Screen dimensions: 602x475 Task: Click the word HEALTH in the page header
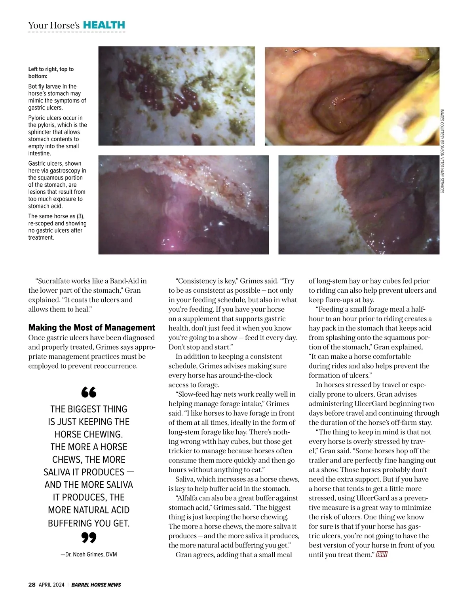104,25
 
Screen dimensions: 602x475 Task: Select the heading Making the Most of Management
91,328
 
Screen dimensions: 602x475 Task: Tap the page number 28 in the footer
32,585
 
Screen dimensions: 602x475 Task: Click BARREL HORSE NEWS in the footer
96,585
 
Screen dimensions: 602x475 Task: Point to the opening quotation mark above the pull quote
89,392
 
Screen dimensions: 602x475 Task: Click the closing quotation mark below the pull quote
89,538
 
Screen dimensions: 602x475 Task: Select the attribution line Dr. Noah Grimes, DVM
89,555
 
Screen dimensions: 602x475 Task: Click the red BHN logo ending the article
382,555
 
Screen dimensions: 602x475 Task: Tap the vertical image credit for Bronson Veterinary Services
442,151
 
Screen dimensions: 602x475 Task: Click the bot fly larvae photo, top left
177,96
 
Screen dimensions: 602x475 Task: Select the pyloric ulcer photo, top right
352,96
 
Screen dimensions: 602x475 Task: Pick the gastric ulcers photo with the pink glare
183,204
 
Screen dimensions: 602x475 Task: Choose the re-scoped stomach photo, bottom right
359,204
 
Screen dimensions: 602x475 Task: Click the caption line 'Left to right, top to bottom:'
51,72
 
